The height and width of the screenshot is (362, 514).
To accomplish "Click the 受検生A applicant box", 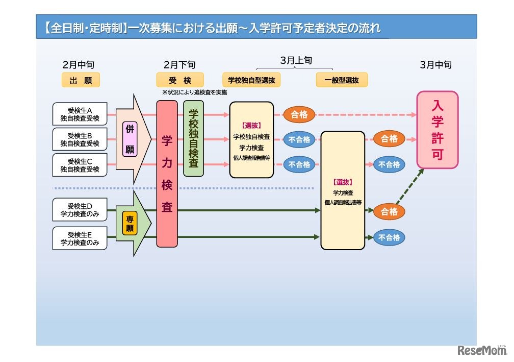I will click(80, 114).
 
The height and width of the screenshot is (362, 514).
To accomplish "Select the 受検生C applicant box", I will click(80, 165).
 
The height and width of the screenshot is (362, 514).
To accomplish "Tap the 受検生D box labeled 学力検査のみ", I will click(80, 210).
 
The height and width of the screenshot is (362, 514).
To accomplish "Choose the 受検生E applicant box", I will click(80, 238).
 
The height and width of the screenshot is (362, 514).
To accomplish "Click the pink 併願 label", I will click(130, 139).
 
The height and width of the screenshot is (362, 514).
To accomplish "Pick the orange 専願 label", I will click(130, 224).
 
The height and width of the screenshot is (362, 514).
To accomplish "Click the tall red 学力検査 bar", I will click(167, 174).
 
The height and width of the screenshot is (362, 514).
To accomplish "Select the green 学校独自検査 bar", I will click(193, 138).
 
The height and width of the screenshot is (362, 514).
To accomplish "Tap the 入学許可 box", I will click(438, 130).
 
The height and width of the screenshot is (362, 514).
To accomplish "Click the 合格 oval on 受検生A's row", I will click(299, 115).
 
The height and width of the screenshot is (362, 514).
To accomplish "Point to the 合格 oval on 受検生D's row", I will click(389, 211).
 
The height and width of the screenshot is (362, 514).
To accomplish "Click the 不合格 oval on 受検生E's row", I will click(389, 237).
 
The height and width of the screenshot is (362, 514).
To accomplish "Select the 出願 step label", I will click(81, 80).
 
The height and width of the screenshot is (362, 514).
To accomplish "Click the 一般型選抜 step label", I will click(342, 80).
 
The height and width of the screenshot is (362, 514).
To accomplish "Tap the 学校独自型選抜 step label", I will click(252, 80).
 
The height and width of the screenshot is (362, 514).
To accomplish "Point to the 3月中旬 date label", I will click(435, 65).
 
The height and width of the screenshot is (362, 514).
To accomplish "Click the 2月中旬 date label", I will click(78, 65).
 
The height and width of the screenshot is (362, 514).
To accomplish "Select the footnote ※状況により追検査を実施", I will click(194, 92).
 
